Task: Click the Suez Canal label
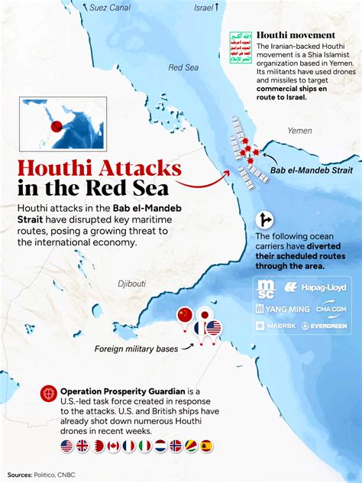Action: click(109, 8)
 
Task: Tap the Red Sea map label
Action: click(183, 67)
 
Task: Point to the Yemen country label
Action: click(299, 131)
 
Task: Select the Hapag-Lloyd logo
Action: click(319, 287)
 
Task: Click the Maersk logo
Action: click(275, 326)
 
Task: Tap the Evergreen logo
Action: click(324, 326)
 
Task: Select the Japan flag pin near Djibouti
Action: click(205, 315)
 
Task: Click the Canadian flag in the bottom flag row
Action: click(114, 446)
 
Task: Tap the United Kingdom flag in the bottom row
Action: click(82, 446)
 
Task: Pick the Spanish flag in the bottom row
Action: click(206, 446)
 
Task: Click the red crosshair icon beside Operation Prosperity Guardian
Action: click(49, 393)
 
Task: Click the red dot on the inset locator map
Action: click(55, 128)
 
